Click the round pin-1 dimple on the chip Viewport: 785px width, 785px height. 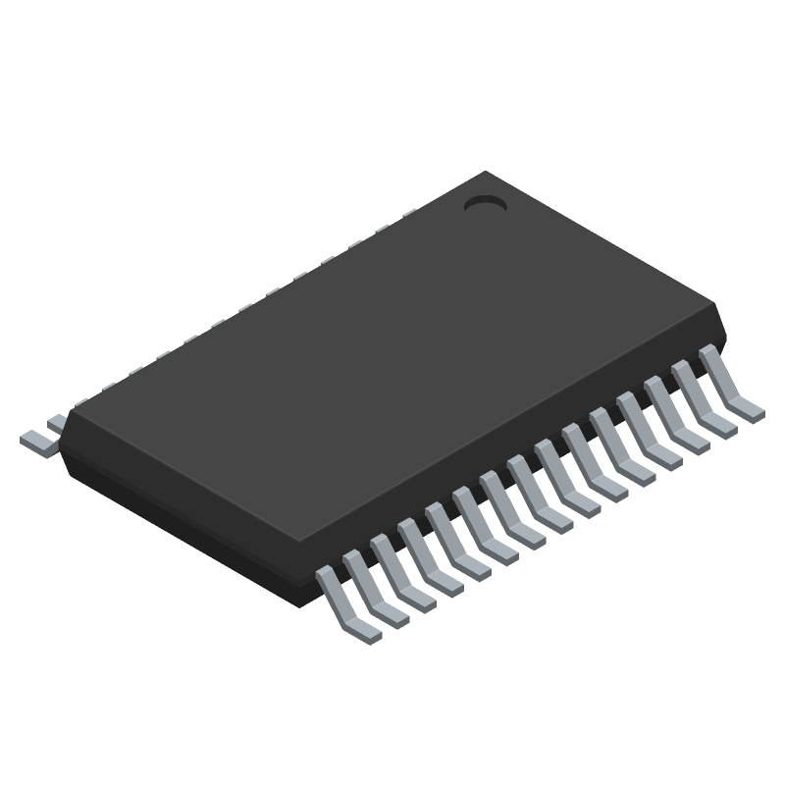pyautogui.click(x=484, y=204)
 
